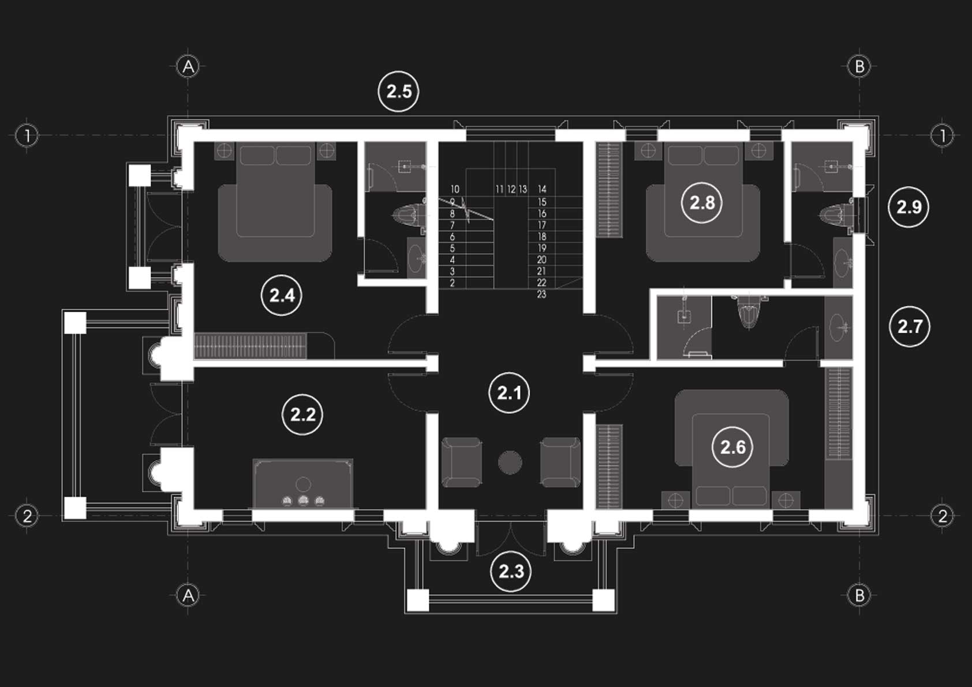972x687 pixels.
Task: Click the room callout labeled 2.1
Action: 509,393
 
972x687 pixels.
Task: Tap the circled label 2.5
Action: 398,91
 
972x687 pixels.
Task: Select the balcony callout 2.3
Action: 511,572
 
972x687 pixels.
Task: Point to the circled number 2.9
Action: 909,207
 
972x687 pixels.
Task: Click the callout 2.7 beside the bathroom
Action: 910,327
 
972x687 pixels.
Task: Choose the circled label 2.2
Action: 302,414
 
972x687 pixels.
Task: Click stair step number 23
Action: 541,294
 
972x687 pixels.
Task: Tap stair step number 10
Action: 455,189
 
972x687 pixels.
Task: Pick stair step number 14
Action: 542,189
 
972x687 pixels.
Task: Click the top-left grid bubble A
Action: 188,67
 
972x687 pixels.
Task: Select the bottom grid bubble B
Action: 859,595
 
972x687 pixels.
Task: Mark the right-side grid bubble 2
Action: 943,516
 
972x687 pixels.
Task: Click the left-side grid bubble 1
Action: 27,136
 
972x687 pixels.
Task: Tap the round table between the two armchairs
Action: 510,463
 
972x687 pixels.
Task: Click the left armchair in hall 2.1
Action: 462,462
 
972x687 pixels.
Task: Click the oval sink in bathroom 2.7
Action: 838,328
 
